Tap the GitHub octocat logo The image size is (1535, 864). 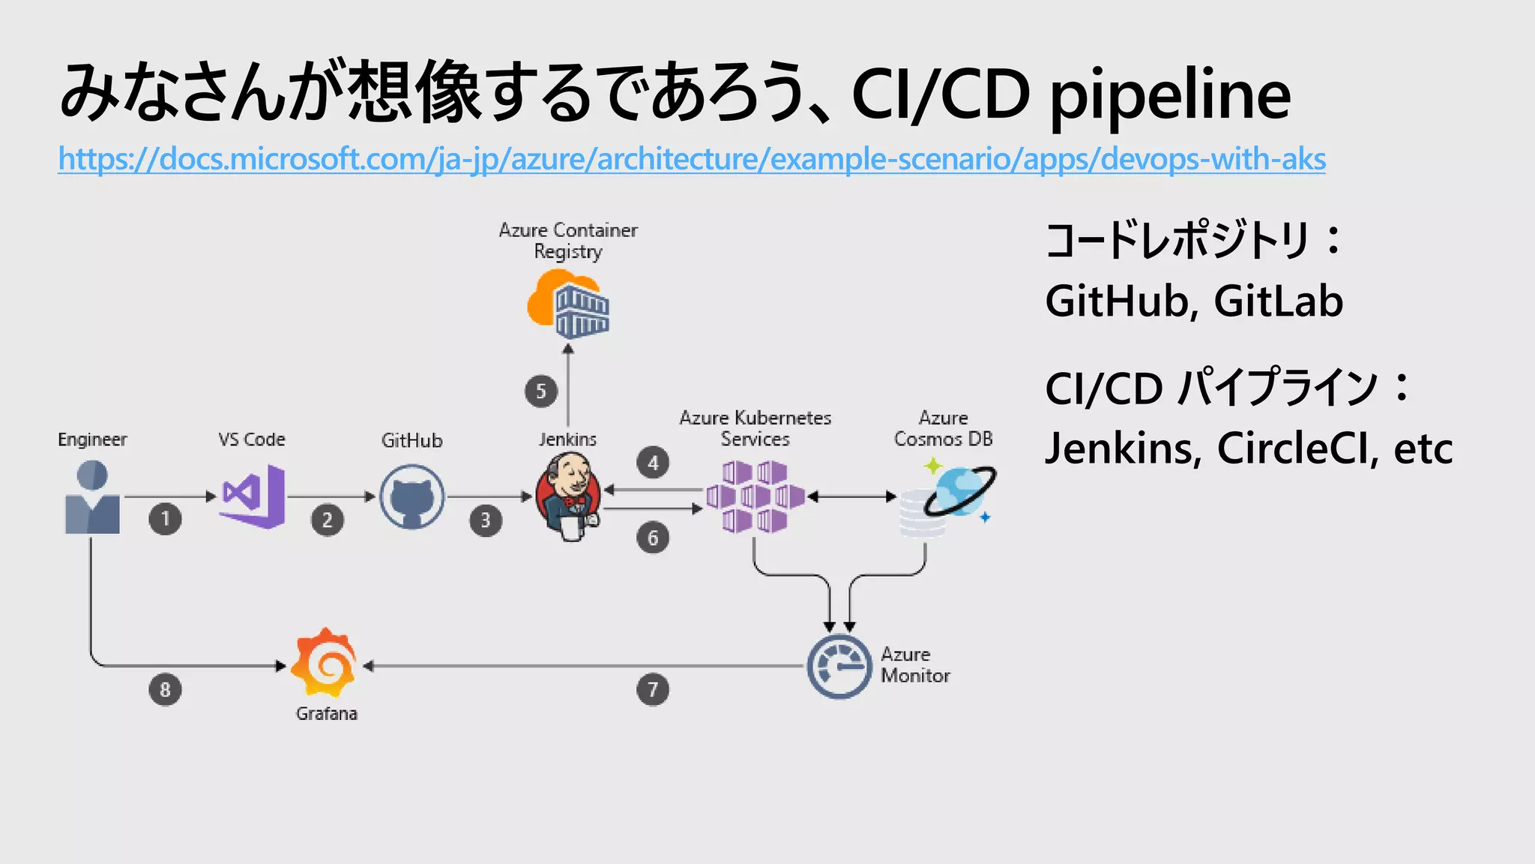[x=411, y=496]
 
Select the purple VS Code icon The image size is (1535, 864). [x=253, y=496]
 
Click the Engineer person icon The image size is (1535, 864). [x=92, y=497]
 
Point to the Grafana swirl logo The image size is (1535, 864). [x=325, y=663]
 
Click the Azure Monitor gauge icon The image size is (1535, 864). [x=839, y=667]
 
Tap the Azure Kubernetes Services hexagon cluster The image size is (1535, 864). [x=755, y=496]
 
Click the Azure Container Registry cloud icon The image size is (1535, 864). [x=568, y=304]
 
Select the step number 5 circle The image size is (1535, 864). [x=541, y=391]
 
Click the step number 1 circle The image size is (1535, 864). [x=165, y=519]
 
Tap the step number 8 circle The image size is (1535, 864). [x=165, y=690]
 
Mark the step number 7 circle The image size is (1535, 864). [x=653, y=690]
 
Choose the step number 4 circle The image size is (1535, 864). [x=653, y=463]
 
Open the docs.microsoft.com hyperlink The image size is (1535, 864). [x=691, y=159]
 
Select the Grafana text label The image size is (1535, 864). [x=326, y=713]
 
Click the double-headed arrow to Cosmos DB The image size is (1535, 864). [x=852, y=496]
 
